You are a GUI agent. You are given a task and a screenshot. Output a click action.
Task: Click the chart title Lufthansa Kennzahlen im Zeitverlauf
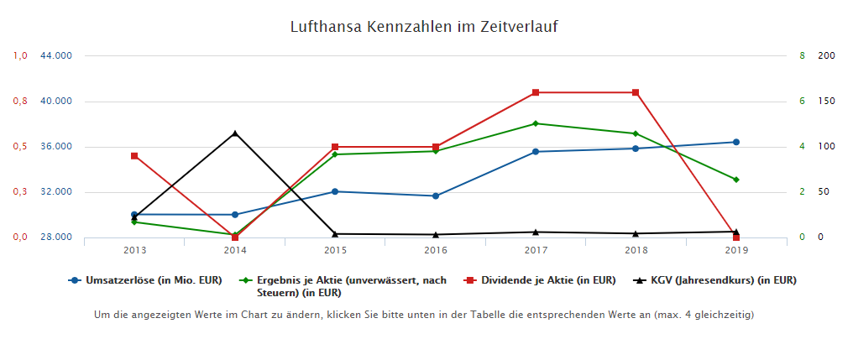point(424,27)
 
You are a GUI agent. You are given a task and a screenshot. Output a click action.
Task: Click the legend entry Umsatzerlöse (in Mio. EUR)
point(152,279)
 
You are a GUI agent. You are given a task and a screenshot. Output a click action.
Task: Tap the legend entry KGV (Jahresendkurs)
point(722,279)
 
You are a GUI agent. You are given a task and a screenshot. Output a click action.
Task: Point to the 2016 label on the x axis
point(435,250)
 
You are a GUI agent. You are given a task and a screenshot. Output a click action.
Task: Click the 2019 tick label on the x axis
point(735,250)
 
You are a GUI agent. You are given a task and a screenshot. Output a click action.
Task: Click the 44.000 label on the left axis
point(56,55)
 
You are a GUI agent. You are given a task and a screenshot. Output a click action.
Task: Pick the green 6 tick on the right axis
point(802,101)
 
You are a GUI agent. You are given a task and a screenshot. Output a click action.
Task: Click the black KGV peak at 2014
point(235,133)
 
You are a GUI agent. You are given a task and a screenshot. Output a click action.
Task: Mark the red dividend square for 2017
point(536,92)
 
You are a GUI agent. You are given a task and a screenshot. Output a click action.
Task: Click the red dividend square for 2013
point(134,156)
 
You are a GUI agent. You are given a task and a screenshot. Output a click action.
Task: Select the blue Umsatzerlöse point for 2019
point(736,142)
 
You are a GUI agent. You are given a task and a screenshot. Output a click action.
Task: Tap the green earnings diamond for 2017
point(536,123)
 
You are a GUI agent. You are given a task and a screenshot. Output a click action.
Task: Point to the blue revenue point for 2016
point(436,196)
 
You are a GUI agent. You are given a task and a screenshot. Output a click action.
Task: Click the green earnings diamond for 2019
point(736,180)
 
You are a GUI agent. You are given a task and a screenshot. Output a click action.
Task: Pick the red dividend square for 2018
point(636,92)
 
